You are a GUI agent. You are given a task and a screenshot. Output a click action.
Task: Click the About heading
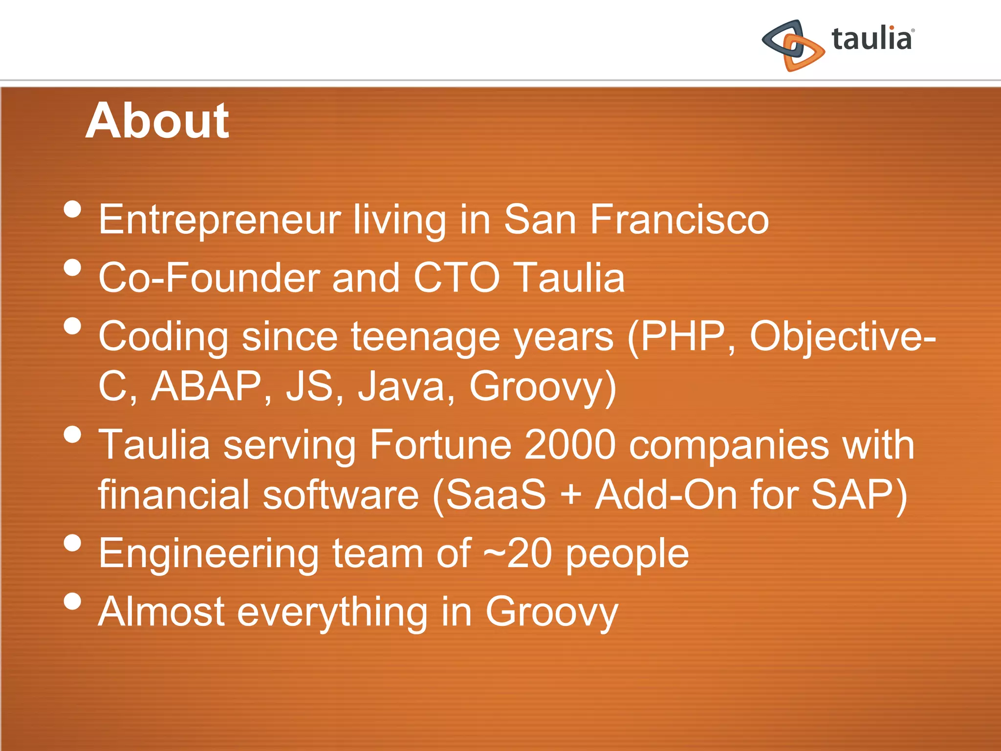157,121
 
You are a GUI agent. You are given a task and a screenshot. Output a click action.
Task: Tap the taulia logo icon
793,45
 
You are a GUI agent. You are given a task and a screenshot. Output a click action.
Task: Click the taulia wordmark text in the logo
872,39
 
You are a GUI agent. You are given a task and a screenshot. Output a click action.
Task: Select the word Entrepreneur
219,220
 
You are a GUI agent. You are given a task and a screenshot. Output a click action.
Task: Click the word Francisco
679,220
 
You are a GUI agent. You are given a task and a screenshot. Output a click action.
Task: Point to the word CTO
457,278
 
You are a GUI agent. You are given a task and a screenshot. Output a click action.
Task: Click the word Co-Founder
209,278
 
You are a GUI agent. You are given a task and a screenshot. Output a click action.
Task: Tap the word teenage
425,337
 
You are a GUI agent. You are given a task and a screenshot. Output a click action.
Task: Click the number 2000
570,445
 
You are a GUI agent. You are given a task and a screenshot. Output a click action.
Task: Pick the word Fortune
440,445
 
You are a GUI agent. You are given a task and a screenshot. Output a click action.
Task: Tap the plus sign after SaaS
571,495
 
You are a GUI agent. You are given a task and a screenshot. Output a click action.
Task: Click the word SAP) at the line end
859,495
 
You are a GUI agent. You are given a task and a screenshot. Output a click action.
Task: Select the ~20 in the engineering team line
518,553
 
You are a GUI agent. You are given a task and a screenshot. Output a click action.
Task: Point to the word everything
332,613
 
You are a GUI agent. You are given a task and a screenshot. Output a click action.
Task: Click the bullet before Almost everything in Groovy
72,601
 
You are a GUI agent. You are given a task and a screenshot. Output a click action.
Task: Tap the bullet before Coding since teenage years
72,326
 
